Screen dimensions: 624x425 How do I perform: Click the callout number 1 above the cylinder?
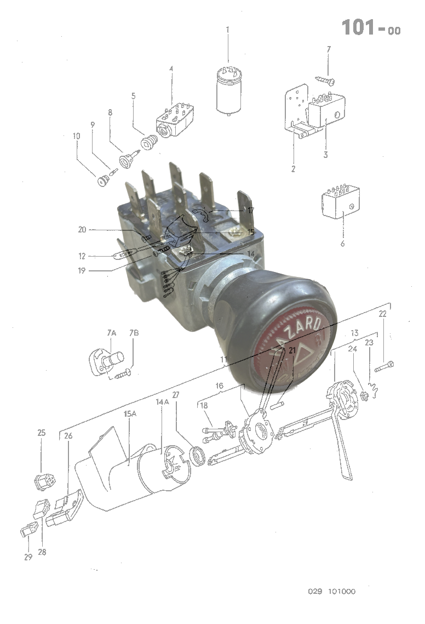tap(228, 29)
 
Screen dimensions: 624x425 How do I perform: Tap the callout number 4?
tap(171, 69)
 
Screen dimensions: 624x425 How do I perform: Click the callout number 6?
tap(343, 243)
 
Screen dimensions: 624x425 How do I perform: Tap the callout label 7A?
tap(111, 333)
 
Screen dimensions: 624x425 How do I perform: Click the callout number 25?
tap(42, 433)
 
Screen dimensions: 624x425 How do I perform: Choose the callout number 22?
tap(382, 314)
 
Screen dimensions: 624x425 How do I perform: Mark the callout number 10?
tap(76, 135)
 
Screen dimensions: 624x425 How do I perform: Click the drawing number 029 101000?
tap(331, 592)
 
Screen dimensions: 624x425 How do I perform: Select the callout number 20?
tap(82, 230)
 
